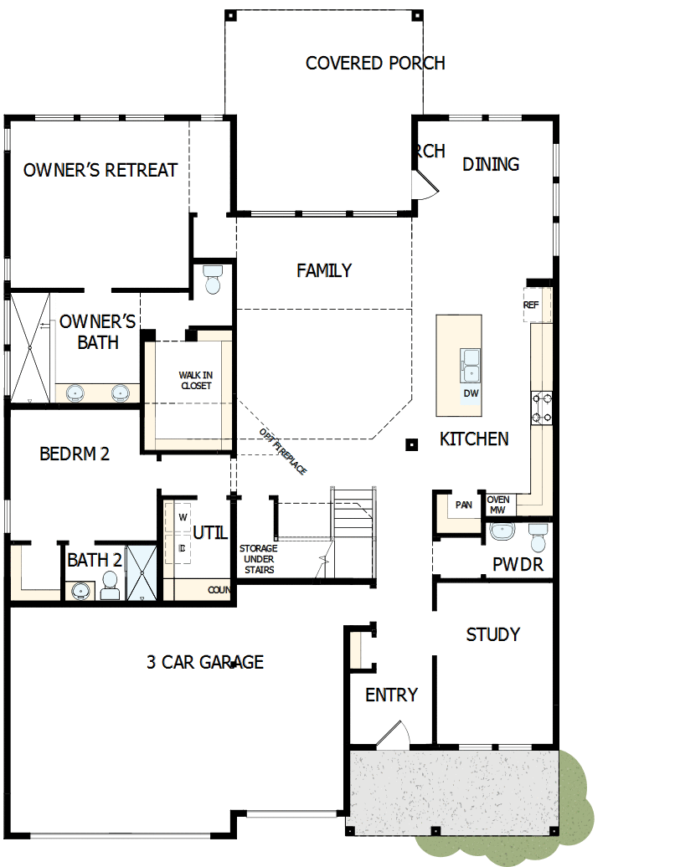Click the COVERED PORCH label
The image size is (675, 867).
[374, 63]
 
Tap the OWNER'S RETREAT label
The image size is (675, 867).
[100, 170]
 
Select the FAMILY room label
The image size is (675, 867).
[324, 270]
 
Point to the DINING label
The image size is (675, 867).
[491, 164]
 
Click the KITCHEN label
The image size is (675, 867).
[474, 439]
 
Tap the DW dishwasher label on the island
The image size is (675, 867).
[471, 393]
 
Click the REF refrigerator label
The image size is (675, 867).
[531, 305]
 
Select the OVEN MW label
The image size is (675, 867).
[498, 505]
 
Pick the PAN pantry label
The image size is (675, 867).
[463, 505]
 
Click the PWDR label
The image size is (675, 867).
[518, 565]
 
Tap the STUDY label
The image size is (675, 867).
[492, 634]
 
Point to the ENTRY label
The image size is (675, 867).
[391, 695]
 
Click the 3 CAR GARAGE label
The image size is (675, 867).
[205, 662]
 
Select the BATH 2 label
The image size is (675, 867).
[95, 560]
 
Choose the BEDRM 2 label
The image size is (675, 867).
[75, 454]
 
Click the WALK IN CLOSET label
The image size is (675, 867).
[195, 381]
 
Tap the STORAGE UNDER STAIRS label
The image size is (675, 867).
[259, 559]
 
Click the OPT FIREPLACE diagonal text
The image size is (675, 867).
[282, 452]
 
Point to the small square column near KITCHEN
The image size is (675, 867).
[411, 444]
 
